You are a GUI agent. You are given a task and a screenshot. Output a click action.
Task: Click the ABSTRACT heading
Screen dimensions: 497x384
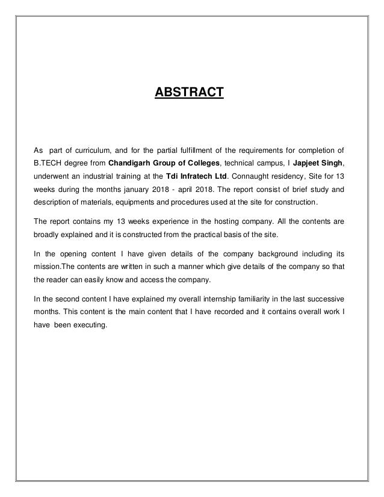click(x=190, y=93)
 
